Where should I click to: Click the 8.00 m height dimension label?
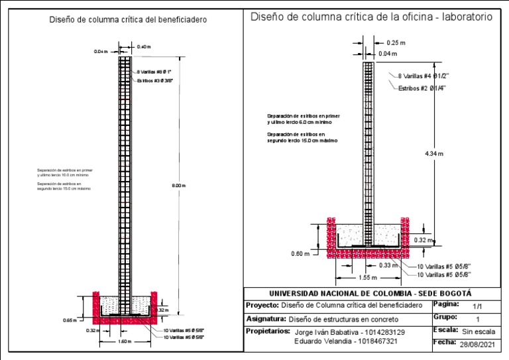click(x=179, y=186)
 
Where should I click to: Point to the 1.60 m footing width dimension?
click(x=125, y=342)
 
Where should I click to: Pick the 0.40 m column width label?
click(x=144, y=46)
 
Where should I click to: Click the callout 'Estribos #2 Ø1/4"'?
click(x=427, y=88)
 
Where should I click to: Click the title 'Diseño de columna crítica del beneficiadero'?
click(x=128, y=20)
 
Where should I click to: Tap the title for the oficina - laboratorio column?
click(x=371, y=18)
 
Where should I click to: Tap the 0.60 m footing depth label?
click(x=300, y=253)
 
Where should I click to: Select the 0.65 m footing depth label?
click(x=72, y=320)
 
